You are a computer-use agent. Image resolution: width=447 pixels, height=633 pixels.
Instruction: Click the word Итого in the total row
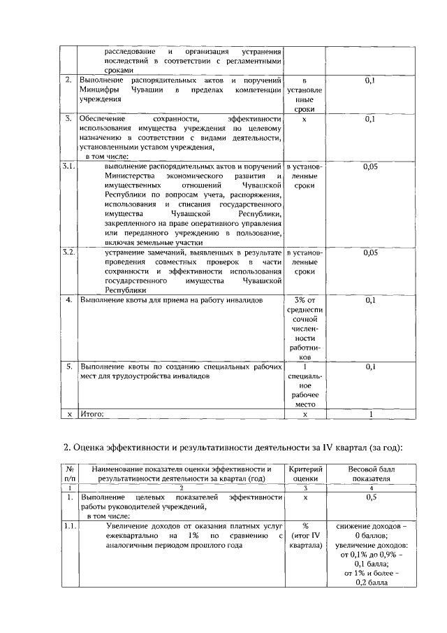click(x=92, y=414)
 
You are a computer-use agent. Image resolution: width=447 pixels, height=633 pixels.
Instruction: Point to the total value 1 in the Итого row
click(x=371, y=414)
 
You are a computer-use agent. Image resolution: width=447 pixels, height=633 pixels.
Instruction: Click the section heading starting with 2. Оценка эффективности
click(x=233, y=448)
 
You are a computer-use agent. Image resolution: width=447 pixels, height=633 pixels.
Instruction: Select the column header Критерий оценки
click(x=305, y=474)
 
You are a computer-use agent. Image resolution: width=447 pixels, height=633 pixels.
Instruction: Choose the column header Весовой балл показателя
click(x=371, y=474)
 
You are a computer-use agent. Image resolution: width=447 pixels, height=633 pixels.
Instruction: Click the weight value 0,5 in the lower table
click(x=371, y=497)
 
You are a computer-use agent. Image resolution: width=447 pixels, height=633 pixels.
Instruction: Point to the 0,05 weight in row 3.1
click(x=371, y=167)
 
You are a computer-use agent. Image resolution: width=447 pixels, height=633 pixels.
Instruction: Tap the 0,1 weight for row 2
click(x=371, y=82)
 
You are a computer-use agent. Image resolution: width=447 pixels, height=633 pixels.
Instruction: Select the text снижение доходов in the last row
click(x=371, y=525)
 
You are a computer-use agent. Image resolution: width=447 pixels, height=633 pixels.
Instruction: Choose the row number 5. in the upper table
click(x=69, y=366)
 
